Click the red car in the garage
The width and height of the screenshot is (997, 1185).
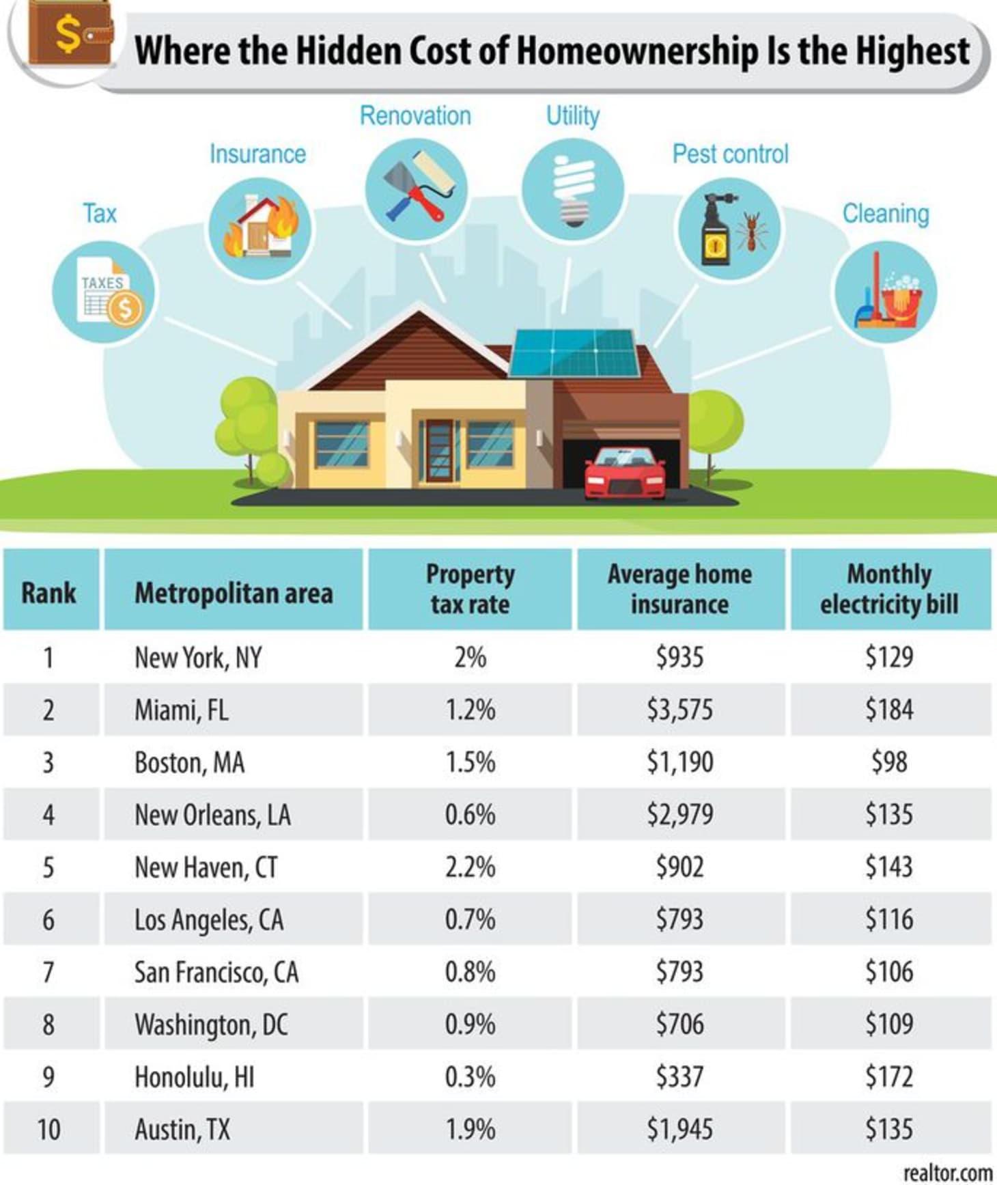point(625,473)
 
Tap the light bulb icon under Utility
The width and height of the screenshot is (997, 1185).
point(572,190)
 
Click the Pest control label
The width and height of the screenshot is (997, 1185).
point(730,154)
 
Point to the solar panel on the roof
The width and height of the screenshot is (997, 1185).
point(575,353)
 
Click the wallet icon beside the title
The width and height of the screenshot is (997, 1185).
point(69,35)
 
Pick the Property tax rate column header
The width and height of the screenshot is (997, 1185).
point(470,589)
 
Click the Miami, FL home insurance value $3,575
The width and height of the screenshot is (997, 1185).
point(680,710)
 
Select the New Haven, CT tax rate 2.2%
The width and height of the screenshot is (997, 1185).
point(470,867)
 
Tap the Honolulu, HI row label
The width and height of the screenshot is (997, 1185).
point(195,1077)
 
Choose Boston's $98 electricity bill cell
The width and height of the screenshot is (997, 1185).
point(889,762)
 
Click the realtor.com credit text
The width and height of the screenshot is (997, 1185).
point(947,1172)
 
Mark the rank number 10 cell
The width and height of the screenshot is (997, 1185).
point(48,1130)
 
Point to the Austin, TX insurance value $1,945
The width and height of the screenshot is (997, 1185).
point(680,1130)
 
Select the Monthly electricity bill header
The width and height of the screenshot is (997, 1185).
point(889,589)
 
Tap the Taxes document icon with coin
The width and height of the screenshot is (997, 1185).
point(104,294)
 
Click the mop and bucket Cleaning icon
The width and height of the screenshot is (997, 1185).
point(885,294)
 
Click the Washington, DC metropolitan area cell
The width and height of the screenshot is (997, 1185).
point(211,1024)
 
